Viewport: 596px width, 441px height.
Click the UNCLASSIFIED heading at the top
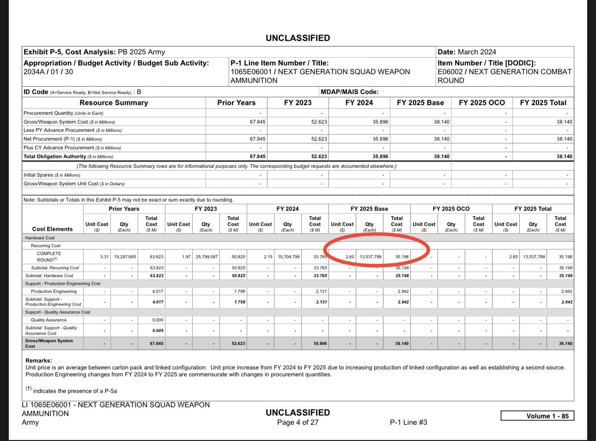click(298, 38)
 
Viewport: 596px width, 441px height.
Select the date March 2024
click(477, 52)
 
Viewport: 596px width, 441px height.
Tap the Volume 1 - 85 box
click(537, 416)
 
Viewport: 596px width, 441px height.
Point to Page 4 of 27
click(298, 422)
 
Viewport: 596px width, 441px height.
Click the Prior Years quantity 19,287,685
click(124, 257)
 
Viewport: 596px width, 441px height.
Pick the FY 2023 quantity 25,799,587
click(206, 257)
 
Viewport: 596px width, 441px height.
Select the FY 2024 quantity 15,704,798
click(287, 257)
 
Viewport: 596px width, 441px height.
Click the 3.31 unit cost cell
click(104, 257)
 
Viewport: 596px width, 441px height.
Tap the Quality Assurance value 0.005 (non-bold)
click(157, 320)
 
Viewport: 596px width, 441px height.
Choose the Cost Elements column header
click(52, 229)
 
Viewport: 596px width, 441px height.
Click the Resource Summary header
click(114, 103)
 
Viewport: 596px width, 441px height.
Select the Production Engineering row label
click(54, 291)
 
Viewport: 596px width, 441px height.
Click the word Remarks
click(38, 360)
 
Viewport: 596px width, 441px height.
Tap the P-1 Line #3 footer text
click(408, 422)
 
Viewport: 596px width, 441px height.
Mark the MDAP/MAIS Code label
click(349, 92)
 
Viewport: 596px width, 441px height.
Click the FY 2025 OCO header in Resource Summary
click(481, 103)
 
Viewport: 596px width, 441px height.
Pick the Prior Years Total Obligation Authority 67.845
click(257, 156)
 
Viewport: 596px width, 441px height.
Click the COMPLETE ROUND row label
click(49, 256)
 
